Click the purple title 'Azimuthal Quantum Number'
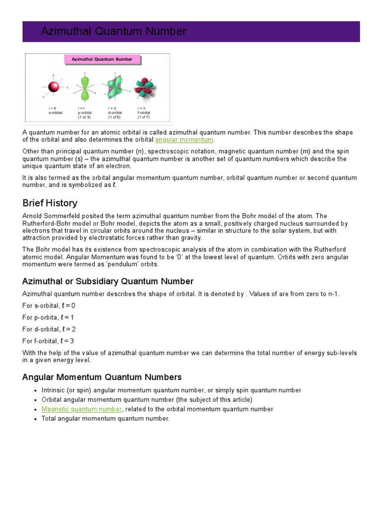coord(114,32)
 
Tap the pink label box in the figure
coord(102,60)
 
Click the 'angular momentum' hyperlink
coord(184,140)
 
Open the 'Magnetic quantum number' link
coord(81,409)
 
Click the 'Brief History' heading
coord(50,203)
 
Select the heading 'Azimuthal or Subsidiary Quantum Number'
coord(108,282)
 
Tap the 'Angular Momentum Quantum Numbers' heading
coord(102,377)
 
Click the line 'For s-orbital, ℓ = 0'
coord(49,306)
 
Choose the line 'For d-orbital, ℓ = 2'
coord(49,329)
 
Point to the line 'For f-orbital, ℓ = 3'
coord(48,341)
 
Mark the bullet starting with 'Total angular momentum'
coord(105,419)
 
